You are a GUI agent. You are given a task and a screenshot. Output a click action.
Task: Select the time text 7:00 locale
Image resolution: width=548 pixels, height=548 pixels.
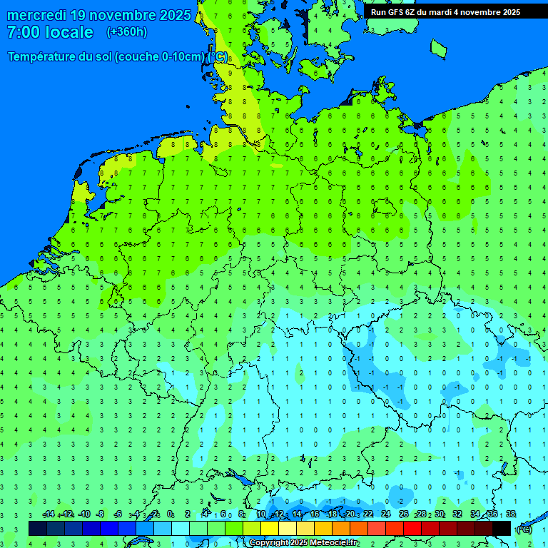click(x=50, y=32)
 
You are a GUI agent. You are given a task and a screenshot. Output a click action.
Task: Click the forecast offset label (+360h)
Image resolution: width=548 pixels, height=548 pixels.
click(x=127, y=32)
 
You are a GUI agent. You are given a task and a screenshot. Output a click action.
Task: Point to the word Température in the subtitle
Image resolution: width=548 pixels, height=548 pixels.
click(x=44, y=57)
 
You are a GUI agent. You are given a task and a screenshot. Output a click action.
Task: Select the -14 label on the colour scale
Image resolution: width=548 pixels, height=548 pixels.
click(x=49, y=514)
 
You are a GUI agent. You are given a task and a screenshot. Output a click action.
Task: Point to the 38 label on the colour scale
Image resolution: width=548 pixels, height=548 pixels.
click(x=510, y=514)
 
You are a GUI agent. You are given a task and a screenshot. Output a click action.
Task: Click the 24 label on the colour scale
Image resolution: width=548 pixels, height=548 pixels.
click(x=386, y=514)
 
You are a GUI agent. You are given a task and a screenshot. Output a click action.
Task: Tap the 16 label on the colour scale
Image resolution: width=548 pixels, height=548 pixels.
click(x=315, y=514)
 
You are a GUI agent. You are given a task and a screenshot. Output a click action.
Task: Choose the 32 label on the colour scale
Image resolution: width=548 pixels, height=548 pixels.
click(x=457, y=514)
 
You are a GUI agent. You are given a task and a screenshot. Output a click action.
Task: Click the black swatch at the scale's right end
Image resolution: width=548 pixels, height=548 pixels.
click(x=502, y=528)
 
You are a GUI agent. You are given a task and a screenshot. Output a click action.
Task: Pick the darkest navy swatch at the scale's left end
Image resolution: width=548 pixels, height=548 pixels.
click(x=38, y=528)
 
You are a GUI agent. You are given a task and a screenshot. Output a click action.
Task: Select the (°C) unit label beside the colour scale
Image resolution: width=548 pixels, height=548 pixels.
click(x=524, y=529)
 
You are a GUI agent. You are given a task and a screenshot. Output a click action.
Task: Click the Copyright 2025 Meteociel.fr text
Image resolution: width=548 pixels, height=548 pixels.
click(x=303, y=543)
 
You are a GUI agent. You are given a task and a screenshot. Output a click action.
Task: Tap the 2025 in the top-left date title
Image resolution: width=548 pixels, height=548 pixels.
click(x=174, y=15)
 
